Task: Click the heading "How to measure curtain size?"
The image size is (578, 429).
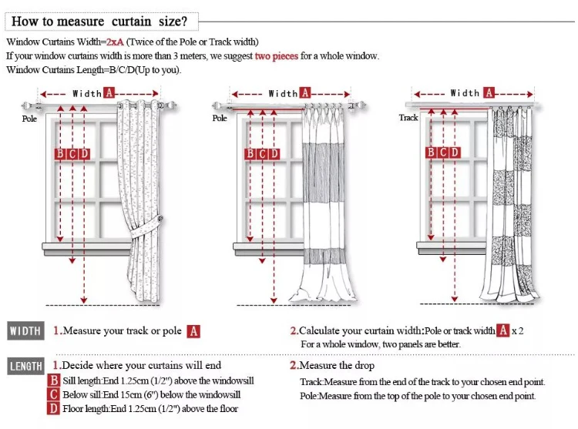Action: [x=99, y=21]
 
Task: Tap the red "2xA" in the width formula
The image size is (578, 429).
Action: [x=115, y=42]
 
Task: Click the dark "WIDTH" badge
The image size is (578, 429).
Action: [x=25, y=331]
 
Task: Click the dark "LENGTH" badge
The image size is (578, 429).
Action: [x=26, y=367]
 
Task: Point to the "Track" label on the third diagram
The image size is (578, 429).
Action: [x=408, y=118]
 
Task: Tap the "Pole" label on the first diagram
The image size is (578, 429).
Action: [x=29, y=119]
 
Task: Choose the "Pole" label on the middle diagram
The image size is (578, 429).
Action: [x=220, y=118]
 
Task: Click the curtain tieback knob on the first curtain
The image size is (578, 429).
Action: [x=160, y=222]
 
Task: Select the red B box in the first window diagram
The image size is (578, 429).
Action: [x=60, y=154]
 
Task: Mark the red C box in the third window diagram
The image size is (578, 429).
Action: [x=443, y=152]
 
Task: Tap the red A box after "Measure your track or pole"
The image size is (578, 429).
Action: [x=194, y=331]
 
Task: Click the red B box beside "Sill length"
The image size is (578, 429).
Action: [x=54, y=380]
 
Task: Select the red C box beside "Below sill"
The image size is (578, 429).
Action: [x=54, y=394]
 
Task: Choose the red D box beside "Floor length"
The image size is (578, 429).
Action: [x=54, y=408]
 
